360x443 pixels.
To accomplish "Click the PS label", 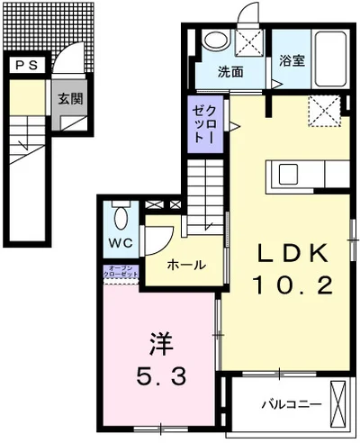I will pyautogui.click(x=27, y=65).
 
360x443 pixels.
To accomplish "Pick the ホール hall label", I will pyautogui.click(x=186, y=265).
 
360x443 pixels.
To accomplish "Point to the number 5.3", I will pyautogui.click(x=162, y=375).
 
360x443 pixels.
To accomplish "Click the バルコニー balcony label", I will pyautogui.click(x=285, y=404).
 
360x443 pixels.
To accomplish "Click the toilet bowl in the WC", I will pyautogui.click(x=123, y=216).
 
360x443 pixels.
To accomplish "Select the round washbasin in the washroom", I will pyautogui.click(x=216, y=41).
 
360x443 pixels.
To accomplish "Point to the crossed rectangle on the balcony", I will pyautogui.click(x=338, y=403).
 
